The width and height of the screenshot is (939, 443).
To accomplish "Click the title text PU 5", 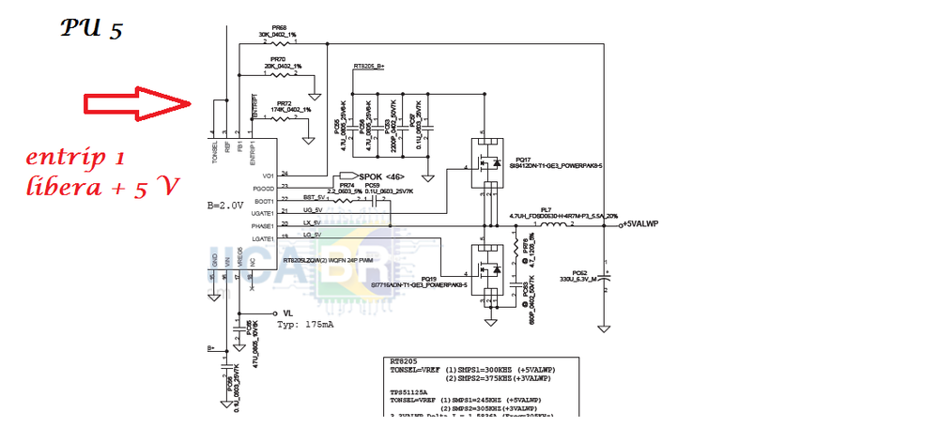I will point(91,29).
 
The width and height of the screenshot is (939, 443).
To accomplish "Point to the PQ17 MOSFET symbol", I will point(487,160).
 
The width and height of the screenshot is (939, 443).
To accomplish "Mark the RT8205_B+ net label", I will point(369,67).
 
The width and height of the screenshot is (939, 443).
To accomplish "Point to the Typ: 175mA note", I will point(305,325).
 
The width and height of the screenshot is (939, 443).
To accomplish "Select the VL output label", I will point(288,312).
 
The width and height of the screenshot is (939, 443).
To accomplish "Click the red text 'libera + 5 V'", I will point(102,188).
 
